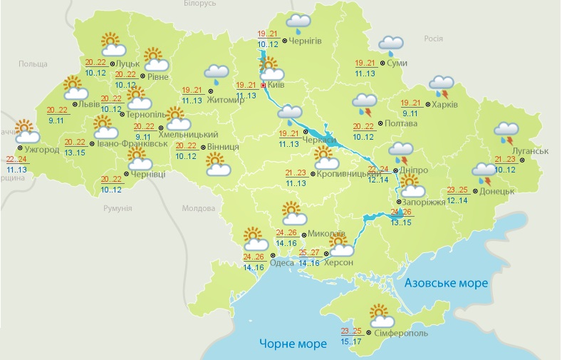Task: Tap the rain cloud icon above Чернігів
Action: [x=298, y=24]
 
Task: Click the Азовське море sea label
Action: [x=446, y=283]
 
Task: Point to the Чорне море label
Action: [x=293, y=344]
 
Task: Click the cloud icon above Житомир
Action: [x=216, y=73]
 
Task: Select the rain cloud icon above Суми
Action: [x=390, y=45]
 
